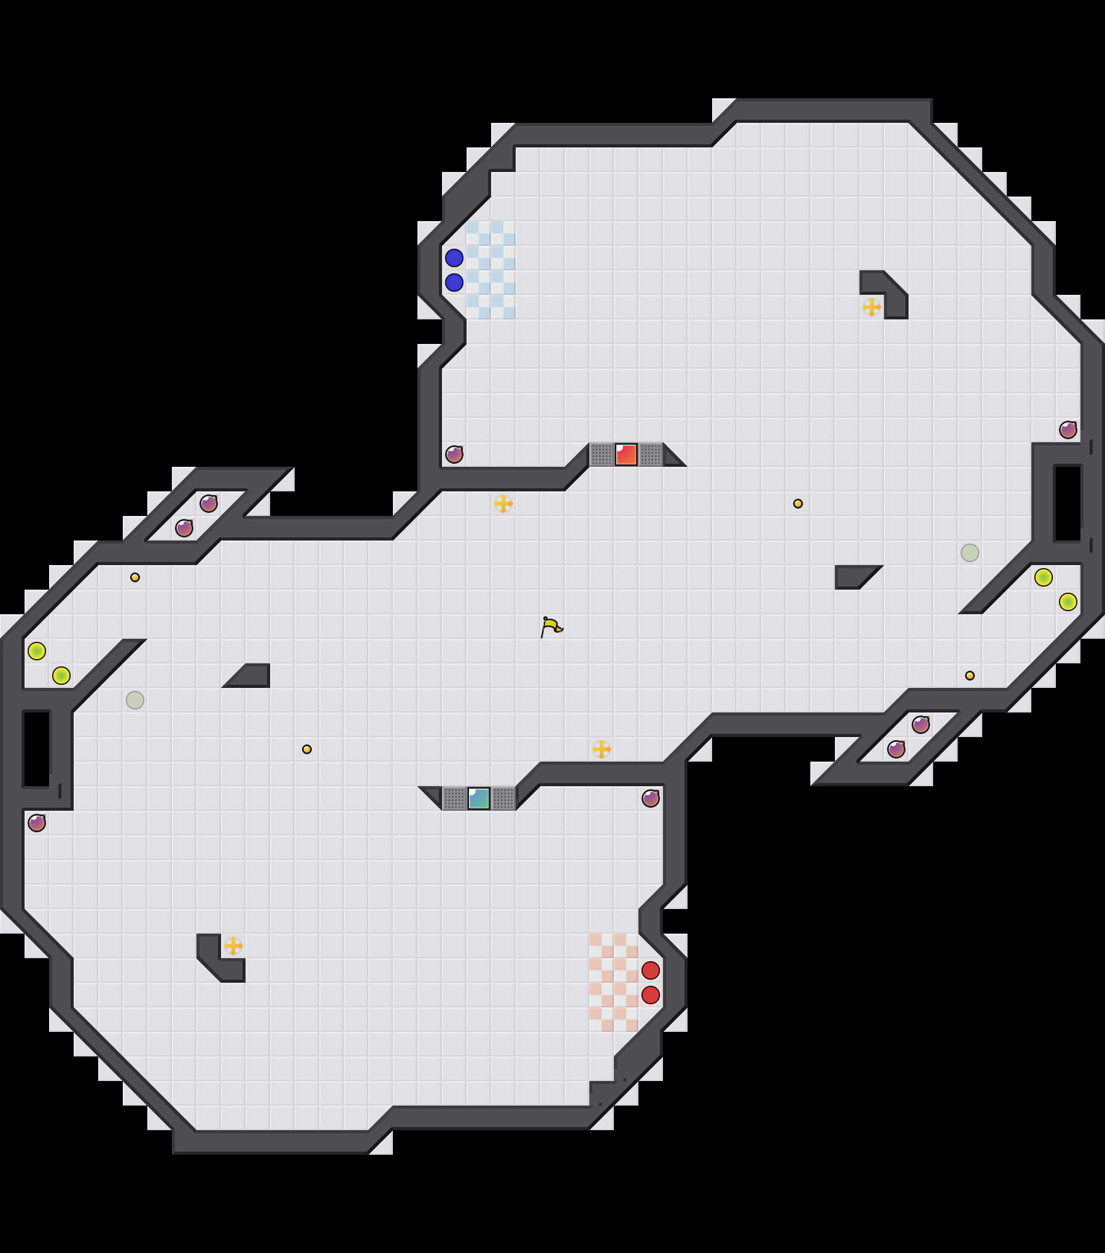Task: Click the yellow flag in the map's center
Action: (551, 627)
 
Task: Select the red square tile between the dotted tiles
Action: (626, 455)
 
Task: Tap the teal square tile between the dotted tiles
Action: (479, 798)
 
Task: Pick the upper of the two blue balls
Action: (454, 258)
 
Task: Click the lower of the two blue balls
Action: (454, 283)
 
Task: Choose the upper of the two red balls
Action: (651, 970)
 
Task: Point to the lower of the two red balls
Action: (651, 995)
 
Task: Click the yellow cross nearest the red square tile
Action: (503, 504)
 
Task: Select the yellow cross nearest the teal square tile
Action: (602, 749)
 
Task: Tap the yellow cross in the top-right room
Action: (872, 307)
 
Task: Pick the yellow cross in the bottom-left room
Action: (233, 946)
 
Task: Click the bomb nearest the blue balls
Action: (454, 455)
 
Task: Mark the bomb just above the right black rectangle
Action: (1068, 430)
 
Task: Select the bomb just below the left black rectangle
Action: (37, 823)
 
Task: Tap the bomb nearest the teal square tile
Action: (651, 798)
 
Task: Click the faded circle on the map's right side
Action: (970, 553)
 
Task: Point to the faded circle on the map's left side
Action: (135, 700)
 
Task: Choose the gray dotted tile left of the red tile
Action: (602, 455)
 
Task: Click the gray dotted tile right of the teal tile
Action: (503, 798)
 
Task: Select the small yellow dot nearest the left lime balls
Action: (135, 577)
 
